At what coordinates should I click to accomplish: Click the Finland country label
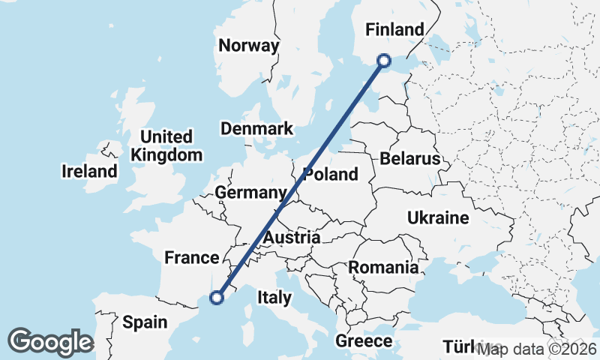[x=394, y=30]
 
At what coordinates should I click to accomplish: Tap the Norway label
[x=248, y=45]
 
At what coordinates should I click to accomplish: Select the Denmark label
[x=256, y=129]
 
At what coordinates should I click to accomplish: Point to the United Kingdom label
[x=166, y=146]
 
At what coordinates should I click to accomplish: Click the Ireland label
[x=89, y=172]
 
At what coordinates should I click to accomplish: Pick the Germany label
[x=250, y=193]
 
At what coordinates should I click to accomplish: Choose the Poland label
[x=331, y=175]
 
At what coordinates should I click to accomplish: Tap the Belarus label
[x=409, y=159]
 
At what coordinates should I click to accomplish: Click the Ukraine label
[x=438, y=218]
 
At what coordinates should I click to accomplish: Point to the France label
[x=191, y=258]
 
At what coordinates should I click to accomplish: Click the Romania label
[x=382, y=267]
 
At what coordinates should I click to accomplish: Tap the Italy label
[x=274, y=298]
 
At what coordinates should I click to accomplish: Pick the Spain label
[x=145, y=322]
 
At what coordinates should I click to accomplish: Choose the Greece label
[x=364, y=341]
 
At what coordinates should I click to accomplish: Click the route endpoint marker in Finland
[x=384, y=61]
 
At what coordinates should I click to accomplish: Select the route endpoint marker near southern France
[x=217, y=298]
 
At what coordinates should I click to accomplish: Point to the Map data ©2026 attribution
[x=537, y=349]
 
